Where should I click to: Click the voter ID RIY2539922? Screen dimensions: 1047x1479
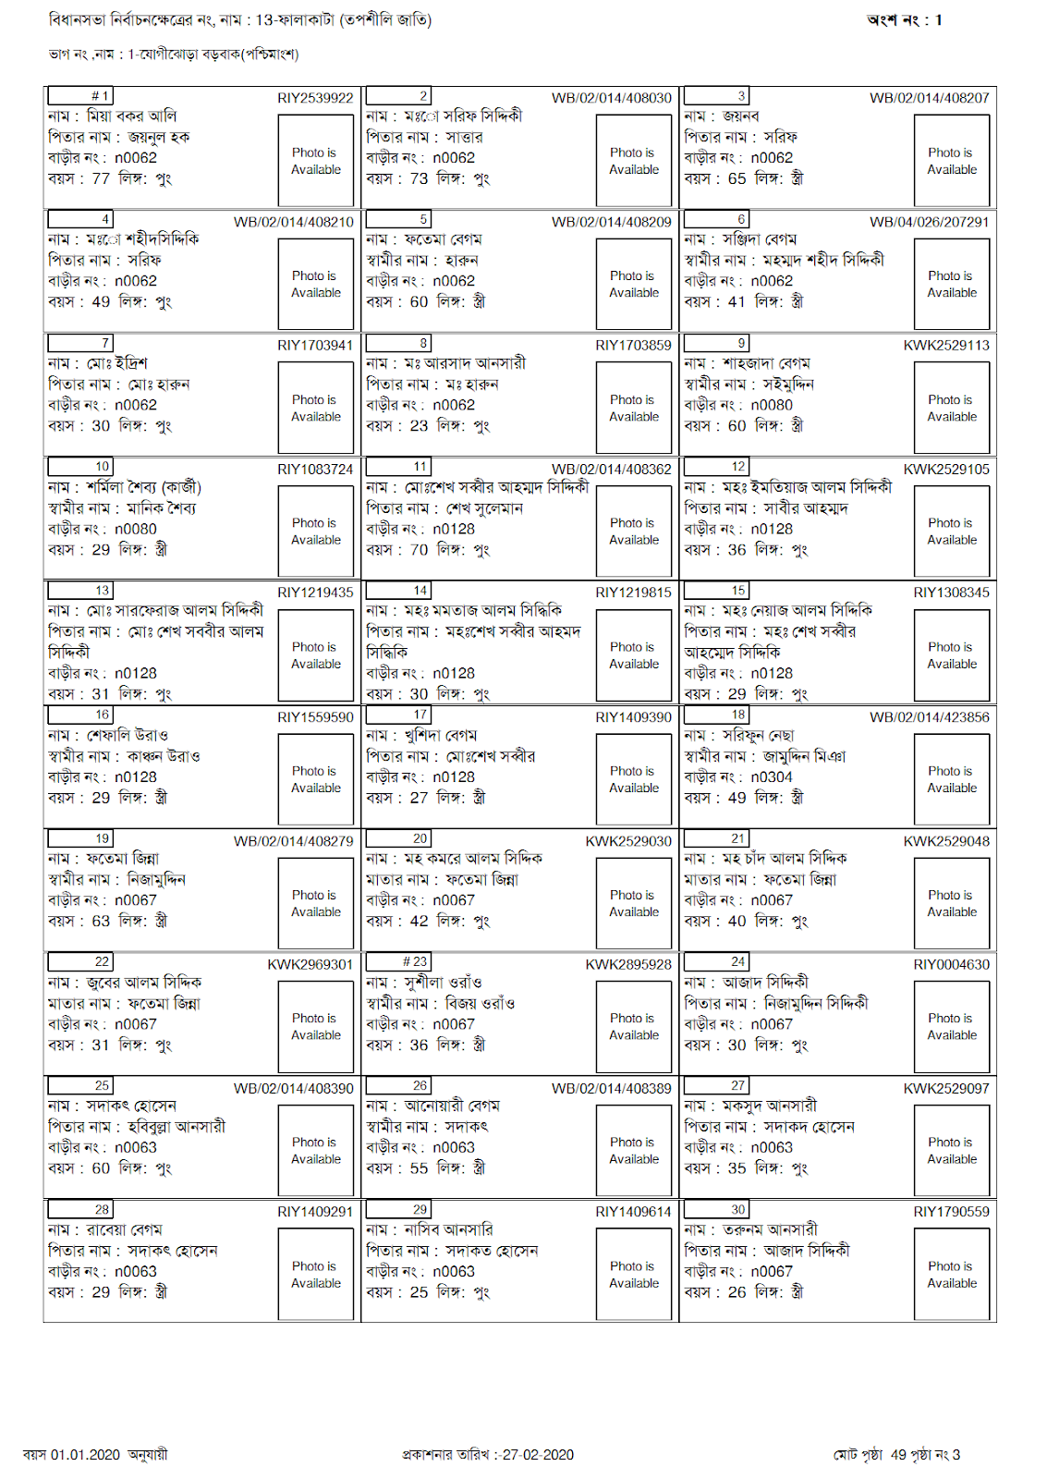coord(315,98)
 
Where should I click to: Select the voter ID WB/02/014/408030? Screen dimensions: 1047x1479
coord(611,98)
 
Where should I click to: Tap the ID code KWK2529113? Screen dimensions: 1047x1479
coord(946,345)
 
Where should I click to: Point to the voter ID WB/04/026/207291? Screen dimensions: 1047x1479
coord(929,222)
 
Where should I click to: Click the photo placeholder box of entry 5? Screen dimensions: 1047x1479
coord(633,284)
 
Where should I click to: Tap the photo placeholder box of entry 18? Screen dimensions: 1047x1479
coord(952,779)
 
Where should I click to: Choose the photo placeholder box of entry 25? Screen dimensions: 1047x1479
coord(315,1150)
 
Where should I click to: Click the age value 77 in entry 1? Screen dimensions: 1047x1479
coord(101,178)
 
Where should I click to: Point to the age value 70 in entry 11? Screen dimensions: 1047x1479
coord(419,550)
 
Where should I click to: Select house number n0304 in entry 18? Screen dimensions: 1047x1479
coord(772,777)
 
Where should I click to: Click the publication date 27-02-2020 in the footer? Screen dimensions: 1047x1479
coord(537,1455)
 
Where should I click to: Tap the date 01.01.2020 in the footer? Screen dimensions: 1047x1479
coord(85,1455)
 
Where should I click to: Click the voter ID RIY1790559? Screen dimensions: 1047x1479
coord(951,1212)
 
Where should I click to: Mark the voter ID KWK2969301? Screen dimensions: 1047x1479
coord(310,965)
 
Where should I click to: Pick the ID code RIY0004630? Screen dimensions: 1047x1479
coord(951,965)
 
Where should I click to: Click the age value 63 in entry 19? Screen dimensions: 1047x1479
coord(101,922)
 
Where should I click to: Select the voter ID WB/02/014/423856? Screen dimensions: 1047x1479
coord(929,717)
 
